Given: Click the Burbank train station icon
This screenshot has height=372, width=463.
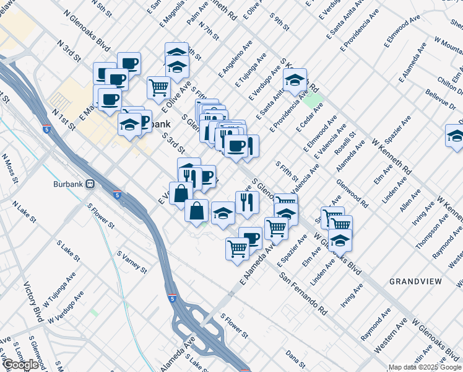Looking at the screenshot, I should pyautogui.click(x=90, y=184).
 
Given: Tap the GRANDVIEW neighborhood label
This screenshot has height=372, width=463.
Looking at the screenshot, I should pyautogui.click(x=415, y=281).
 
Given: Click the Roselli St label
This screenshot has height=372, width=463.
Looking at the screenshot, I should pyautogui.click(x=345, y=146).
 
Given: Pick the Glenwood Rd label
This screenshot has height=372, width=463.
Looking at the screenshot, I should pyautogui.click(x=352, y=193).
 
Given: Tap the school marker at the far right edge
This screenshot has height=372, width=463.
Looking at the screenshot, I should pyautogui.click(x=455, y=136).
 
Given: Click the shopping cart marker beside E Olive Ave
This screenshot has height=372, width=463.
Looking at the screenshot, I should pyautogui.click(x=159, y=87).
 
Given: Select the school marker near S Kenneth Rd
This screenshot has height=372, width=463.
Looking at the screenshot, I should pyautogui.click(x=295, y=80).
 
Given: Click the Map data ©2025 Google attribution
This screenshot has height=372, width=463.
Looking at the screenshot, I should pyautogui.click(x=424, y=367).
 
